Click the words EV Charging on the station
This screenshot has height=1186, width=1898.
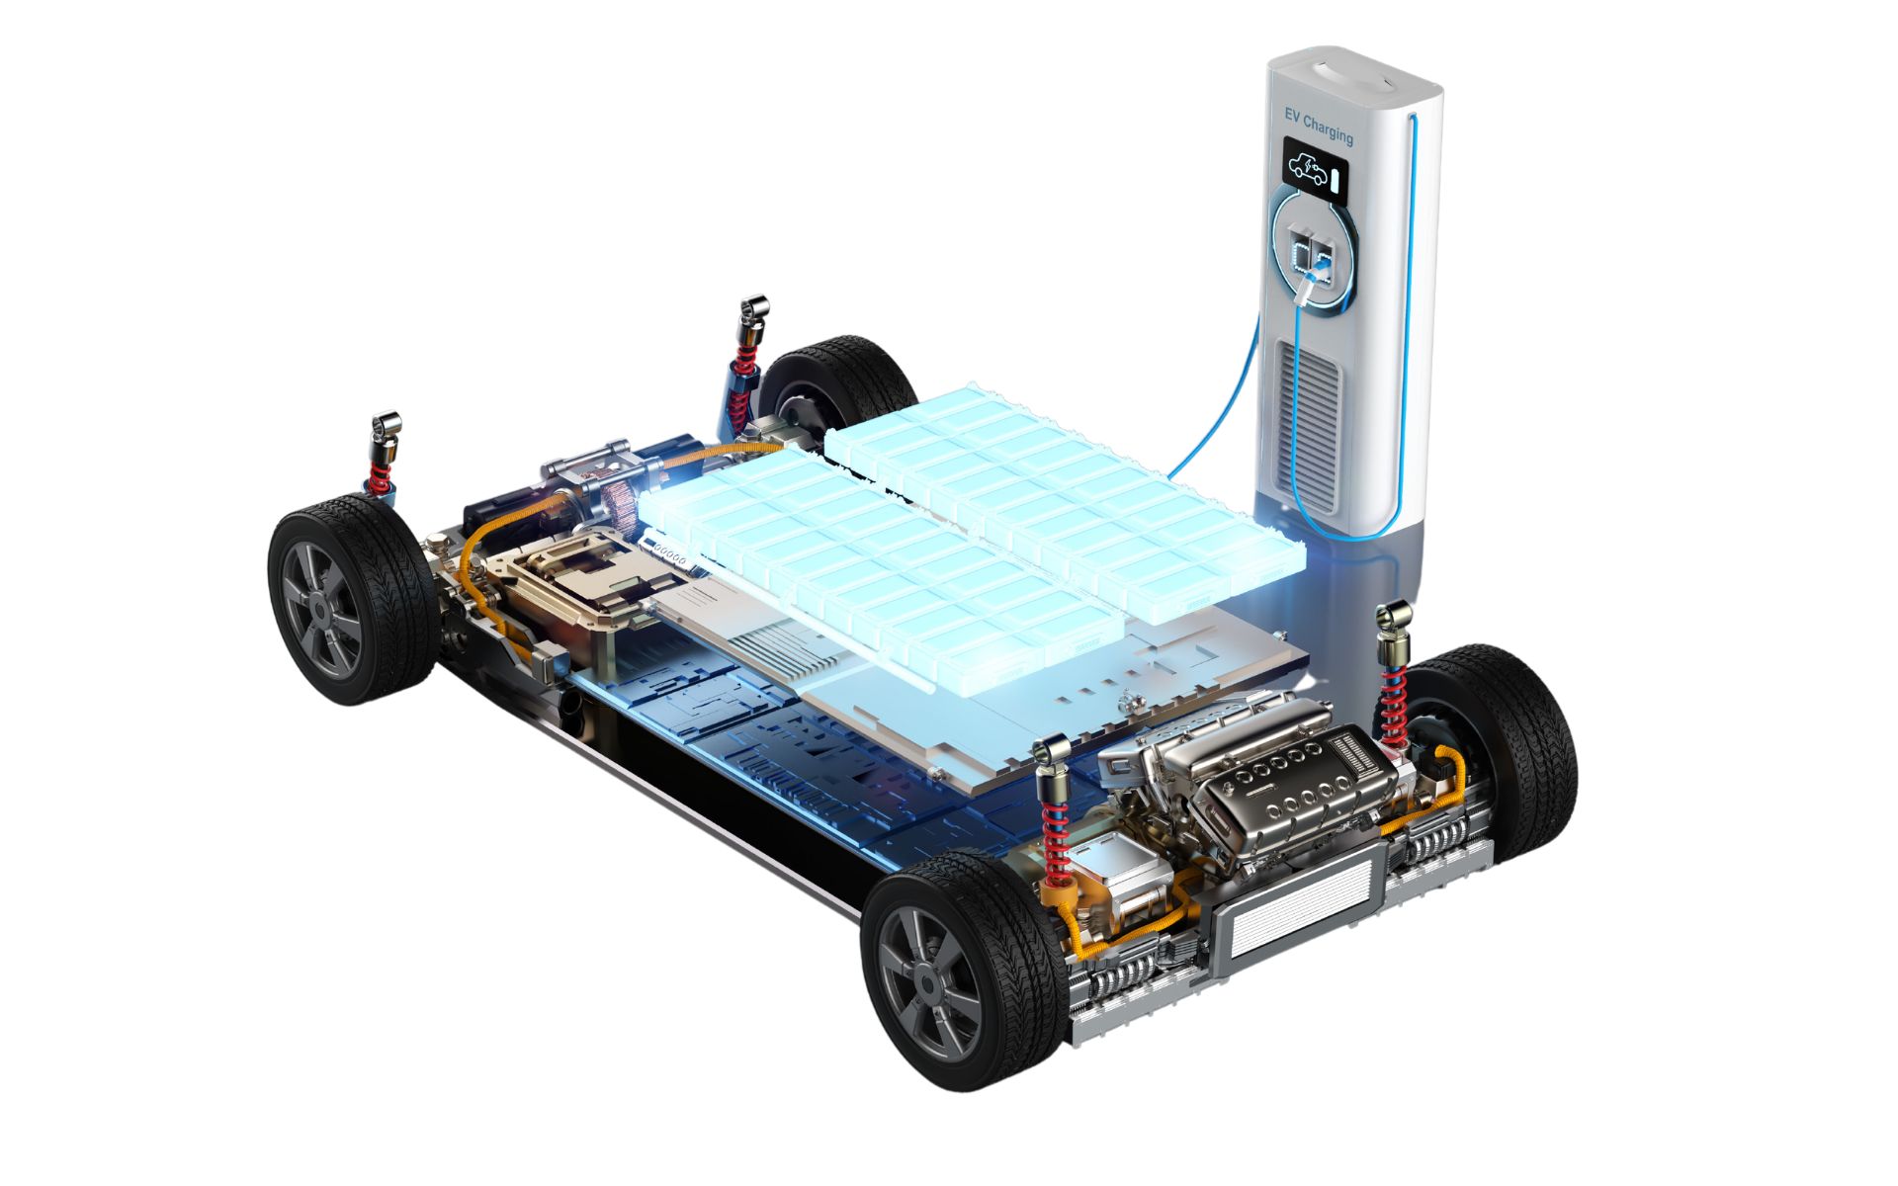pos(1319,126)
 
